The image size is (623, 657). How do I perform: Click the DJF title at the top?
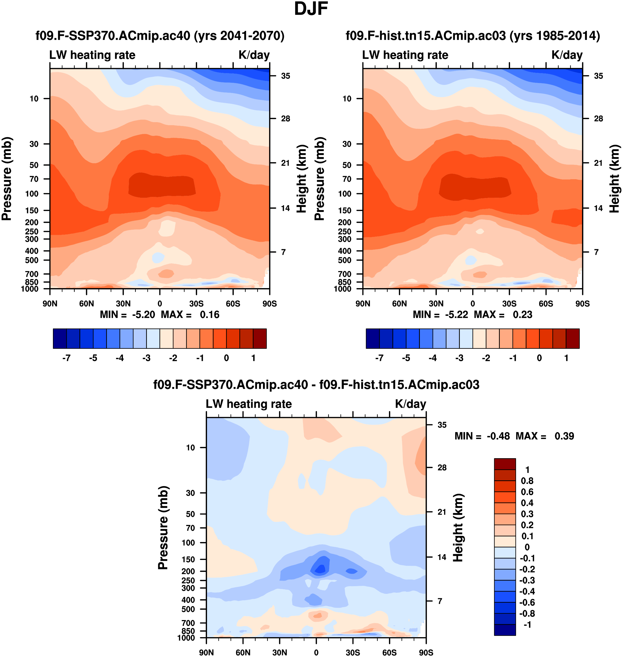(311, 9)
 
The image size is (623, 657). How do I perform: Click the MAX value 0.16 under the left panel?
(210, 315)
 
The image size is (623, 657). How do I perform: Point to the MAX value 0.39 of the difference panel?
(564, 436)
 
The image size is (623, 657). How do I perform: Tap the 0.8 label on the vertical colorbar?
(527, 481)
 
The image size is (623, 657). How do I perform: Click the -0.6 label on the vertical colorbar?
(527, 602)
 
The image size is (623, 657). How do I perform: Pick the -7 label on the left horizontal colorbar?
(66, 358)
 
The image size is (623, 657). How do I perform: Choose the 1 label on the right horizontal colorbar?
(566, 358)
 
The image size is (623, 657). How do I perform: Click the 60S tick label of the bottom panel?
(389, 652)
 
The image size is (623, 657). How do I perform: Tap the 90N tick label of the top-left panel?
(50, 304)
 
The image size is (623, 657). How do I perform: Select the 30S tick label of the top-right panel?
(509, 304)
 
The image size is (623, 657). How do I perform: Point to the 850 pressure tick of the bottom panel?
(188, 631)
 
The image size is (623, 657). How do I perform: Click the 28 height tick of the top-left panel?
(286, 119)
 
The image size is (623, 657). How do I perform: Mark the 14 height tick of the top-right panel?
(598, 208)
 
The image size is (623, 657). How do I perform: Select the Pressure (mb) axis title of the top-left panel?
(7, 179)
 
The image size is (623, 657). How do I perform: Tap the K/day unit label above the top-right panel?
(567, 55)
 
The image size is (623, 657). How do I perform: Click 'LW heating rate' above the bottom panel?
(249, 404)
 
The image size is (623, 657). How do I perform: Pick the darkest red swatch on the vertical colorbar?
(505, 464)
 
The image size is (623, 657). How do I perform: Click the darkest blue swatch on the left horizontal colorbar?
(60, 339)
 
